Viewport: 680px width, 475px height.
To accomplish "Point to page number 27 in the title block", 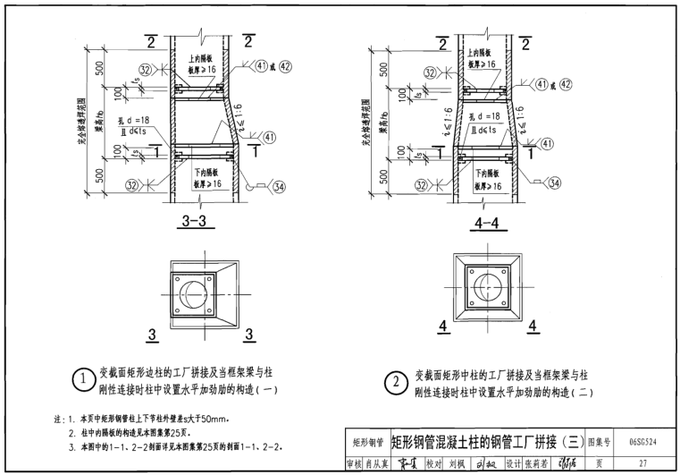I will tap(642, 462).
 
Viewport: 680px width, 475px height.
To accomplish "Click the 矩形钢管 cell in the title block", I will tap(365, 442).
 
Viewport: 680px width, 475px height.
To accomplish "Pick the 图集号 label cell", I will tap(598, 442).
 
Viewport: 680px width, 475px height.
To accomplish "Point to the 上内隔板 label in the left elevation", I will tap(203, 55).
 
